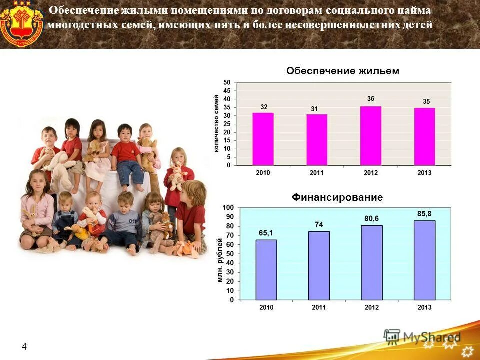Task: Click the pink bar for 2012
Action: (x=370, y=135)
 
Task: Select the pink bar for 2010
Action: (x=263, y=139)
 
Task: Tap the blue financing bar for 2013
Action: (x=424, y=260)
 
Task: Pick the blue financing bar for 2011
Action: (x=319, y=265)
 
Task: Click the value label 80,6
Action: (x=371, y=218)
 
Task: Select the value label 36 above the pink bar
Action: (x=370, y=99)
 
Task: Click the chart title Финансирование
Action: (x=337, y=198)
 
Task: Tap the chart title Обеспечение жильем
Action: (x=343, y=71)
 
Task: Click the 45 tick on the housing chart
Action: (x=227, y=91)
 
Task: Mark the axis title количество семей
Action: (x=216, y=124)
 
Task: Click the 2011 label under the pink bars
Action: (x=316, y=173)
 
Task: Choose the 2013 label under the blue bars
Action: (x=424, y=307)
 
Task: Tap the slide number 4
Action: (x=24, y=346)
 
